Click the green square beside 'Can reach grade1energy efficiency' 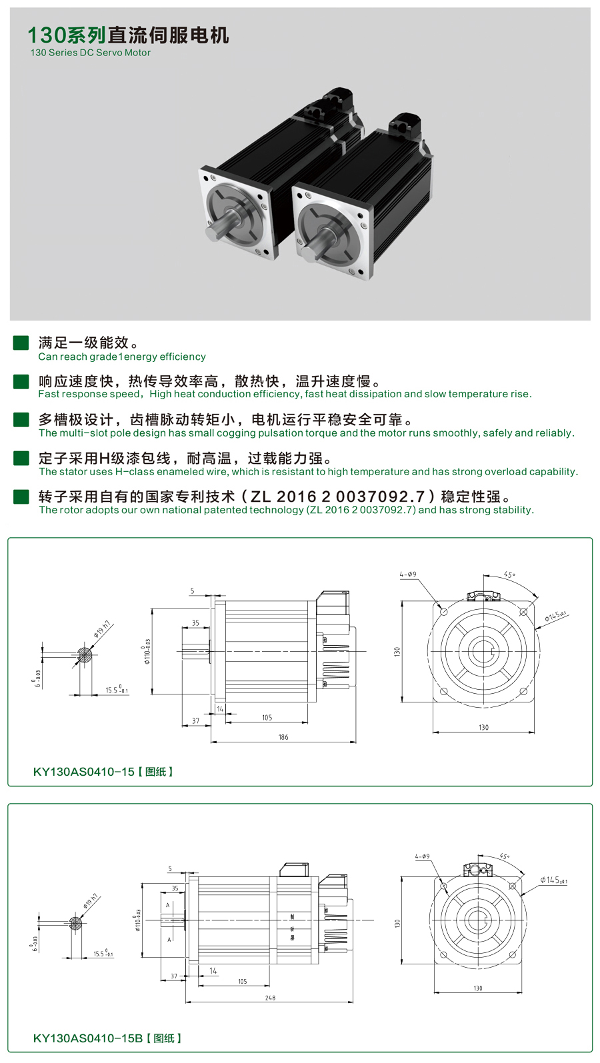pos(21,343)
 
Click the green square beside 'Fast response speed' pos(21,381)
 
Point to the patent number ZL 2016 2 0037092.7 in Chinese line pos(337,497)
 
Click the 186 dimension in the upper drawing pos(283,737)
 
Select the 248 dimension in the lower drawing pos(270,998)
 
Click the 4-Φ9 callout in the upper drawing pos(408,574)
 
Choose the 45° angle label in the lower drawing pos(505,856)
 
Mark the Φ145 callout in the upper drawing pos(555,616)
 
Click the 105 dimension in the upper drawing pos(267,718)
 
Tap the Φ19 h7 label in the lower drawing pos(91,902)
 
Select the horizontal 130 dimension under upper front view pos(483,727)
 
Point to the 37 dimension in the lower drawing pos(174,976)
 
